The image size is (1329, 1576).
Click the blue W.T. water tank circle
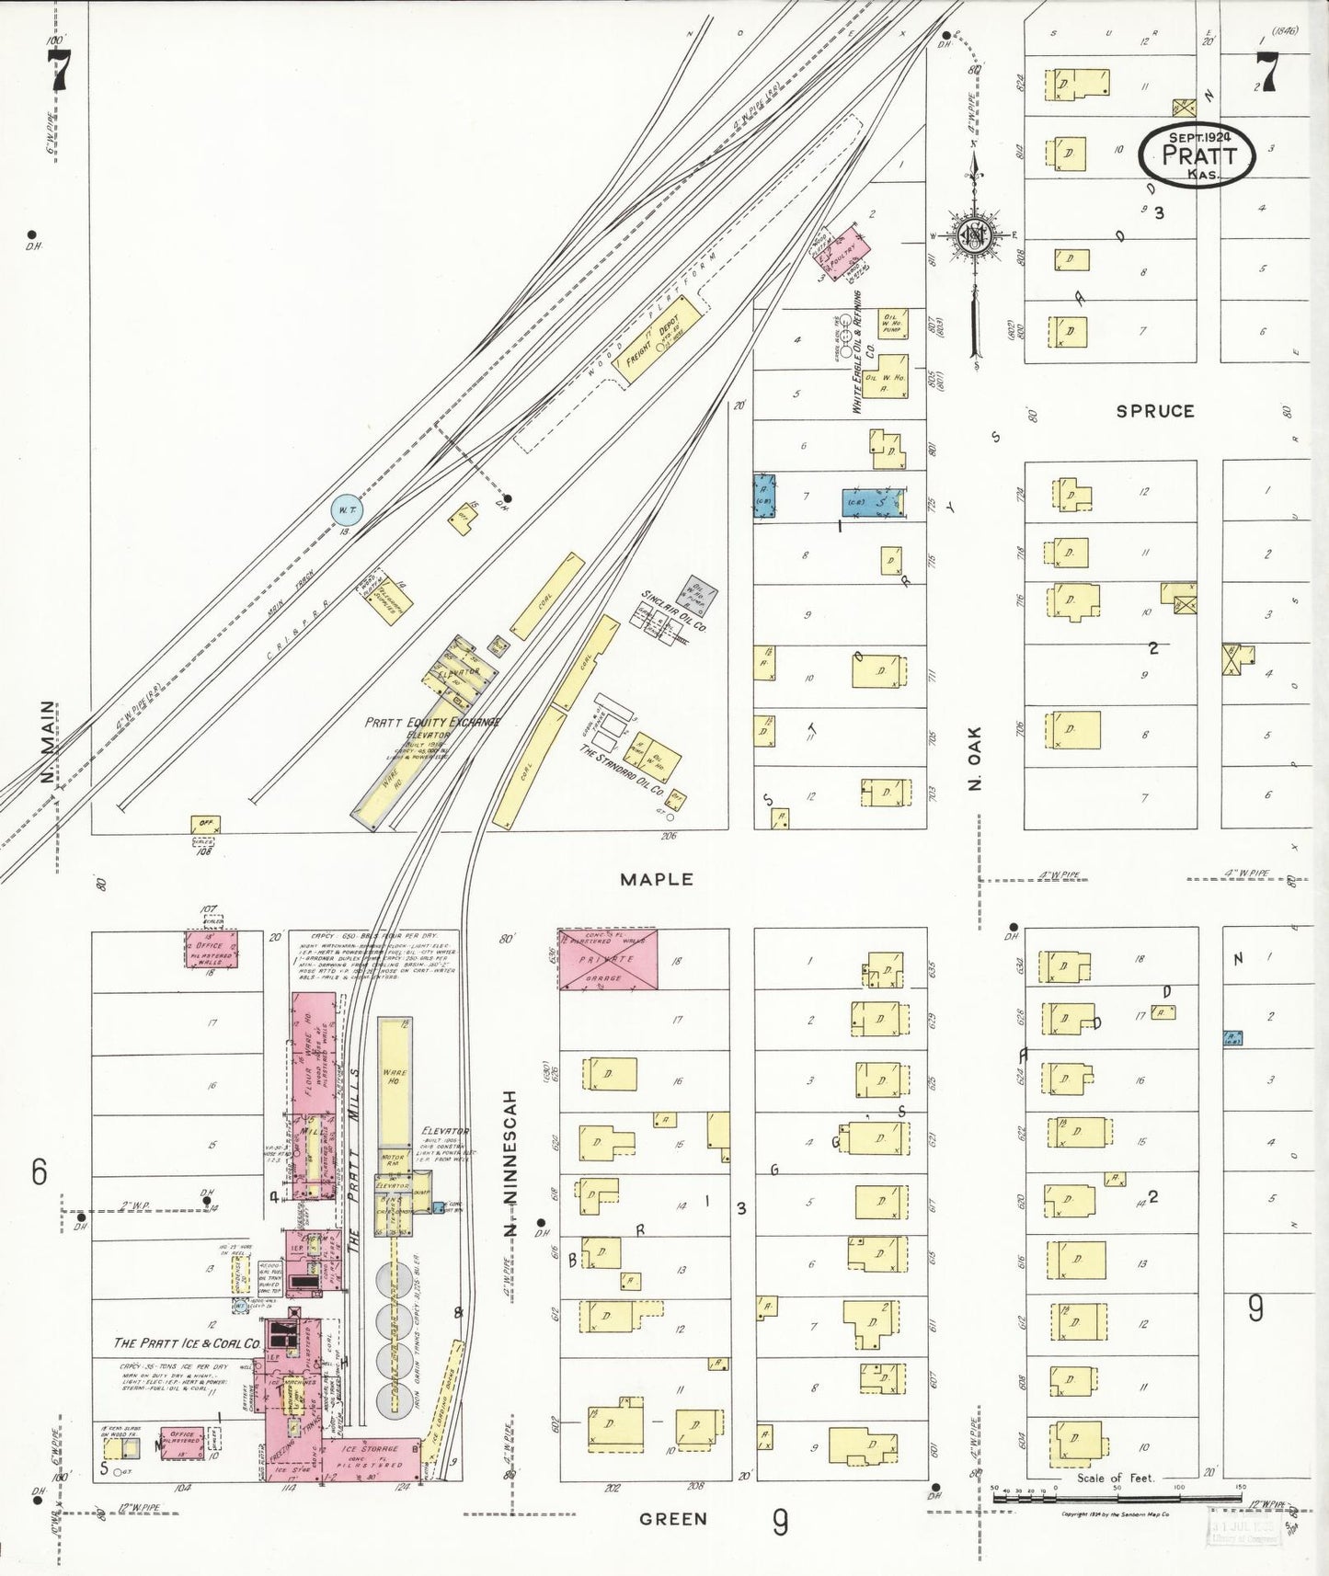point(348,510)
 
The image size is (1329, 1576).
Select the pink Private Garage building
point(609,959)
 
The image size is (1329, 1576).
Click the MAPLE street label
point(656,879)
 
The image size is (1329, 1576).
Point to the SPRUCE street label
point(1154,411)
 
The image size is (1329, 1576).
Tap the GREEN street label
point(672,1519)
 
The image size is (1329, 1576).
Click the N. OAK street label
point(975,759)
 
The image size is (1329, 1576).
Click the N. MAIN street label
point(48,743)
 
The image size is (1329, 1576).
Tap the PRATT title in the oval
point(1198,154)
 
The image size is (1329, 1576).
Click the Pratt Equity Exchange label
point(431,722)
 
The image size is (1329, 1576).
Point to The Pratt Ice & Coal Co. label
point(187,1342)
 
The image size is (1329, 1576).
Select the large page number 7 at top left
point(59,70)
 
